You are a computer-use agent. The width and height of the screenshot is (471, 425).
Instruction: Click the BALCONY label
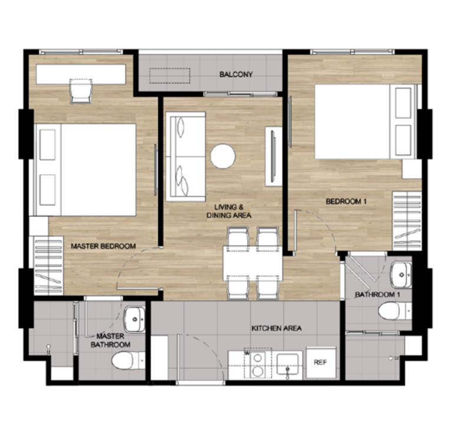pyautogui.click(x=236, y=74)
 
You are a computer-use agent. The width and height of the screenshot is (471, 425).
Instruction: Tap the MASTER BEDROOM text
pyautogui.click(x=104, y=246)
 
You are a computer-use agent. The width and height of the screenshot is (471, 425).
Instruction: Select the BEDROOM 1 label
pyautogui.click(x=346, y=201)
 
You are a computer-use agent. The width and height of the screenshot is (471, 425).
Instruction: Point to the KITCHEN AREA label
pyautogui.click(x=276, y=328)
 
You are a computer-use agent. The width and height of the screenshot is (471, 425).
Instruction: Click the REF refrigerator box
pyautogui.click(x=321, y=363)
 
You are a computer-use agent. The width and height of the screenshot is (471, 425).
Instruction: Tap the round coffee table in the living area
pyautogui.click(x=223, y=156)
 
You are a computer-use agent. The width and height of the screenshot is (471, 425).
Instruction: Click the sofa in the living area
pyautogui.click(x=185, y=157)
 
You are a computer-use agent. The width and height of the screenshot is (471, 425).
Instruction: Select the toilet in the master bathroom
pyautogui.click(x=128, y=360)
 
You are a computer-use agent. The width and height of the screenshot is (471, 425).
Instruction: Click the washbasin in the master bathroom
pyautogui.click(x=135, y=319)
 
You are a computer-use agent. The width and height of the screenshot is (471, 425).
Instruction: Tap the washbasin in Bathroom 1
pyautogui.click(x=401, y=275)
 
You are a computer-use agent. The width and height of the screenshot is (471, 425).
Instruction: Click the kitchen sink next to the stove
pyautogui.click(x=287, y=364)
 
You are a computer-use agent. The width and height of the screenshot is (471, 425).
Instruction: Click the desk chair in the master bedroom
pyautogui.click(x=81, y=91)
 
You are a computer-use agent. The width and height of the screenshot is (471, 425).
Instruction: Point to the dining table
pyautogui.click(x=253, y=263)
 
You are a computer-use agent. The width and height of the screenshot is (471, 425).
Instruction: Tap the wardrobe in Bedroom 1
pyautogui.click(x=407, y=221)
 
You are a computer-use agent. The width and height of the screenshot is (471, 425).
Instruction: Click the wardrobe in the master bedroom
pyautogui.click(x=48, y=265)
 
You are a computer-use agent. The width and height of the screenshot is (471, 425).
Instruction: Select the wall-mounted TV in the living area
pyautogui.click(x=273, y=156)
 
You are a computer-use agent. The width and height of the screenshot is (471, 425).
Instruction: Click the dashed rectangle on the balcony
pyautogui.click(x=170, y=76)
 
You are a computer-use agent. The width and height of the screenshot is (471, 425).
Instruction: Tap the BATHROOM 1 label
pyautogui.click(x=377, y=295)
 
